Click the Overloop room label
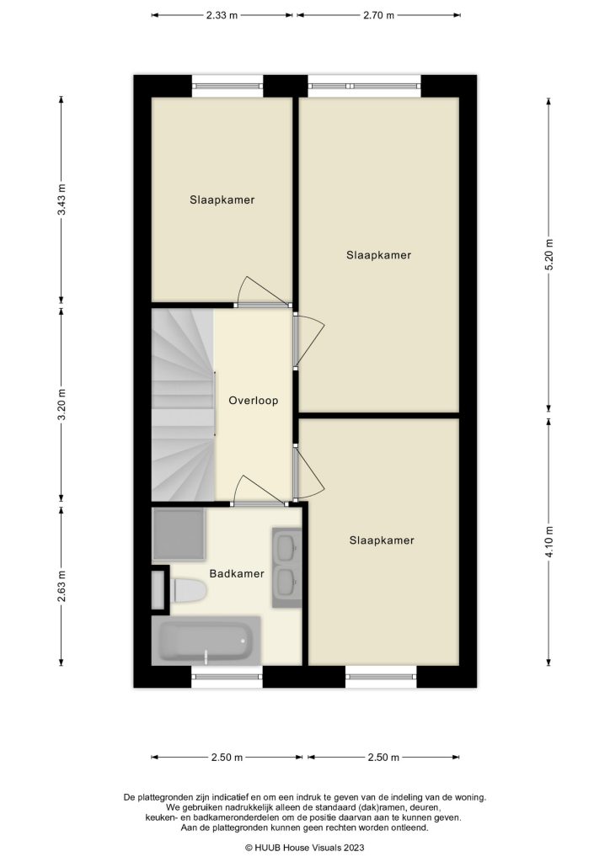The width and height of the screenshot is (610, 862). (253, 401)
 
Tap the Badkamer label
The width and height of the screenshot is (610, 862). (237, 574)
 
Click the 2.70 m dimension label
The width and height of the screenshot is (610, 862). (379, 15)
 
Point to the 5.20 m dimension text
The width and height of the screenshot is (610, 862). (549, 252)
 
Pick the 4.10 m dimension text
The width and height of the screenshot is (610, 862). (549, 542)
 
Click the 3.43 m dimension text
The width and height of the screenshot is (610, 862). (61, 200)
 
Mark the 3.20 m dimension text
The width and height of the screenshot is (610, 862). (61, 403)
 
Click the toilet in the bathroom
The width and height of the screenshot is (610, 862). (189, 591)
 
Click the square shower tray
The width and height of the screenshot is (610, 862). (178, 534)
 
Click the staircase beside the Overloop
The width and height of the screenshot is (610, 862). (182, 404)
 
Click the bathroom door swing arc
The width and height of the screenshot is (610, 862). (253, 488)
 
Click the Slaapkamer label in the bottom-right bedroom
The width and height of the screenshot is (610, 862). (382, 540)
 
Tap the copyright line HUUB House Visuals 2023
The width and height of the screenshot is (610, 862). (304, 849)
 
